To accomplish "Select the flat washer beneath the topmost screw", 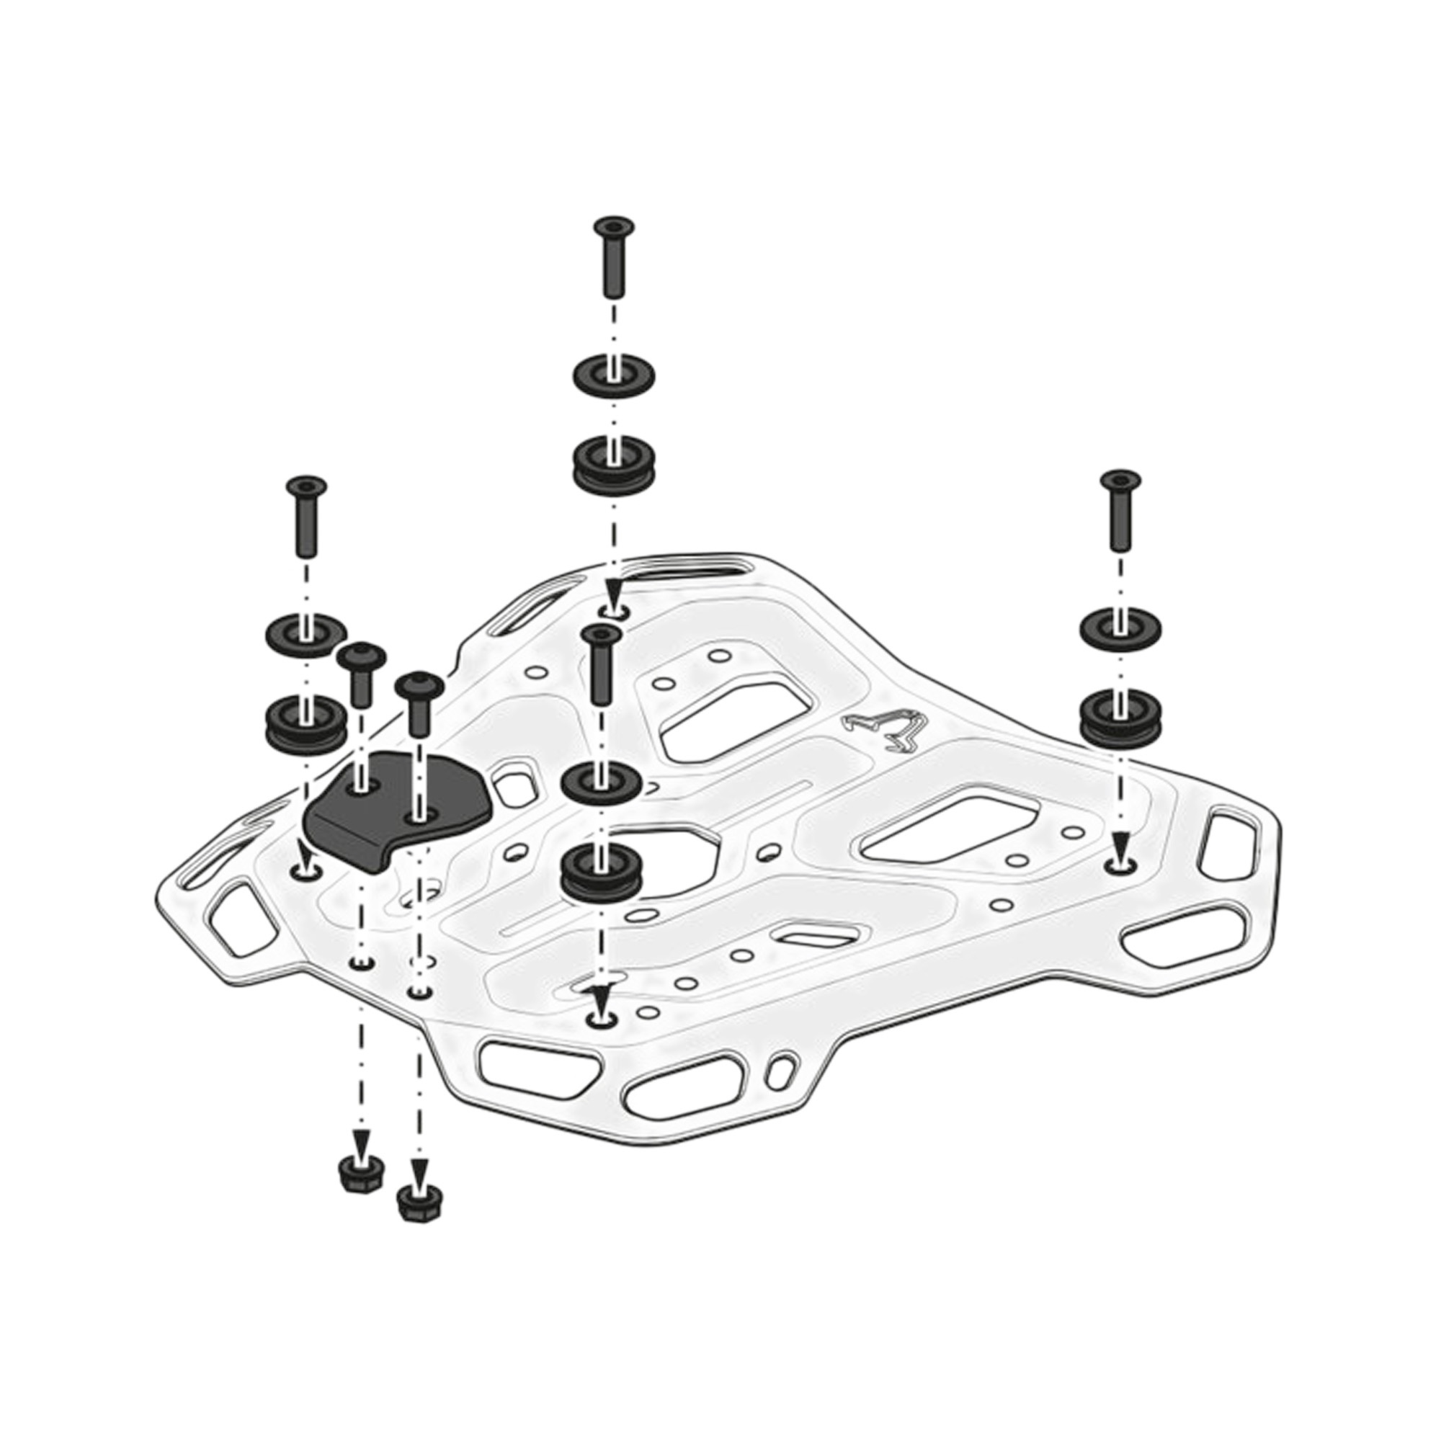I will click(x=614, y=375).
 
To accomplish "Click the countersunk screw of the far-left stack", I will click(x=306, y=514).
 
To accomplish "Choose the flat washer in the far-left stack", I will click(x=305, y=633).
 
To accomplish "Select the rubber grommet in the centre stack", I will click(x=601, y=873).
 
